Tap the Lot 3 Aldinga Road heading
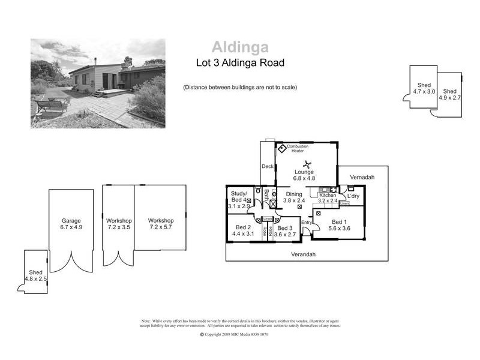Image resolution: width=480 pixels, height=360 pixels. pyautogui.click(x=240, y=62)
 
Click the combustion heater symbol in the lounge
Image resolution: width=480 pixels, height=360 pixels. pyautogui.click(x=281, y=147)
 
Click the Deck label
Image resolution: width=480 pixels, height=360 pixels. pyautogui.click(x=267, y=167)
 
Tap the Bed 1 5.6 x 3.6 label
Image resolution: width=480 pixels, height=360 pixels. pyautogui.click(x=339, y=224)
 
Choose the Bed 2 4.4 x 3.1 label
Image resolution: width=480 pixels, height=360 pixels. pyautogui.click(x=242, y=230)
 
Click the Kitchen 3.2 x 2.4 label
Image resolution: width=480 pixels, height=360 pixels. pyautogui.click(x=328, y=198)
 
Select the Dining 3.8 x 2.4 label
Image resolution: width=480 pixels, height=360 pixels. pyautogui.click(x=294, y=197)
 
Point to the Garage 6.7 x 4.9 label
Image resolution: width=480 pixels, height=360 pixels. pyautogui.click(x=71, y=224)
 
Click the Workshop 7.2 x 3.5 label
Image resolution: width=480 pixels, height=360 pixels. pyautogui.click(x=118, y=224)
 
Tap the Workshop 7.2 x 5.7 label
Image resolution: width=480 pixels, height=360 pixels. pyautogui.click(x=160, y=224)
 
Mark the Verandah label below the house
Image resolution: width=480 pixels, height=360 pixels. pyautogui.click(x=303, y=254)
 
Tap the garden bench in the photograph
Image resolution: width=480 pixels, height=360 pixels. pyautogui.click(x=50, y=105)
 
